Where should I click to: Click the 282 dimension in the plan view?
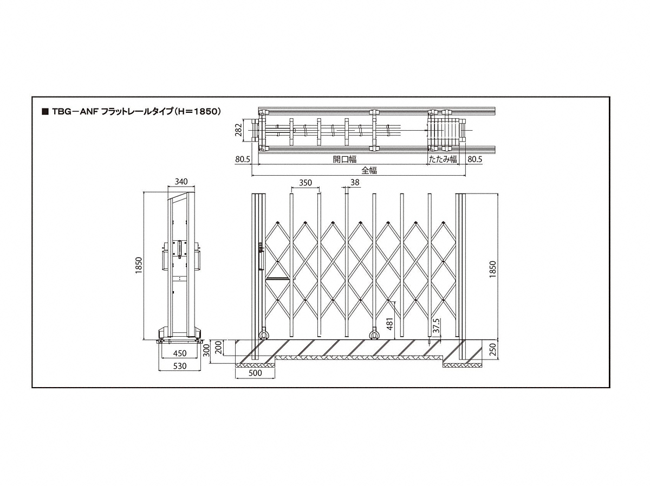pos(238,130)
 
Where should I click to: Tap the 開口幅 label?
pos(344,159)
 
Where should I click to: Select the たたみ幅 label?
pos(443,159)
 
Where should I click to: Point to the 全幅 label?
pos(369,170)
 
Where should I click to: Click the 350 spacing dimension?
pos(305,183)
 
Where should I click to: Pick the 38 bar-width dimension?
pos(355,182)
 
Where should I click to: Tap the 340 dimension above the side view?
pos(181,181)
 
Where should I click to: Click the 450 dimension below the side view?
pos(180,353)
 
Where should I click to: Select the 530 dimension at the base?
pos(180,366)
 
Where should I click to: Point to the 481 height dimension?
pos(390,324)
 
